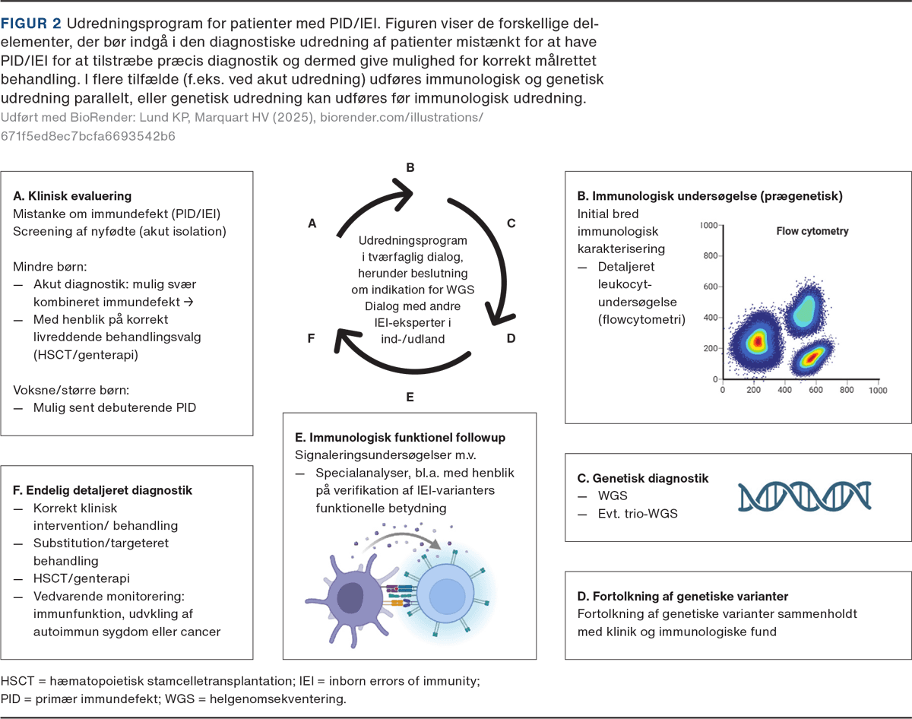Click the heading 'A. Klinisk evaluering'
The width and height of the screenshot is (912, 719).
pos(72,196)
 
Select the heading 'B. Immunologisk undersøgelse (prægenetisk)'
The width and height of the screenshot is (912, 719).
pos(710,196)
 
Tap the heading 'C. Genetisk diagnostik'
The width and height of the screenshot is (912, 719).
pos(643,478)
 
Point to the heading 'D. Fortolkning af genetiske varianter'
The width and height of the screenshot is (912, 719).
pos(682,595)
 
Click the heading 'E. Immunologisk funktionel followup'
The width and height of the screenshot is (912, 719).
pos(401,438)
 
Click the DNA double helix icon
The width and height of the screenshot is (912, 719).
pos(805,496)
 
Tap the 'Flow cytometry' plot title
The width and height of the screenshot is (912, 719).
pos(812,231)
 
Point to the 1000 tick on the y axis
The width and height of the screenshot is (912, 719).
pos(708,226)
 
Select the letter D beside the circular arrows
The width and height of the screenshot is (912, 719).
pos(511,337)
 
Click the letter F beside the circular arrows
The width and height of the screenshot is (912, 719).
pos(311,337)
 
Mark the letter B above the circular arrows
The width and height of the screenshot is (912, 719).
pos(410,168)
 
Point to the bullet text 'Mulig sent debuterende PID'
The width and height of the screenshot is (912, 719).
pos(114,407)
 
